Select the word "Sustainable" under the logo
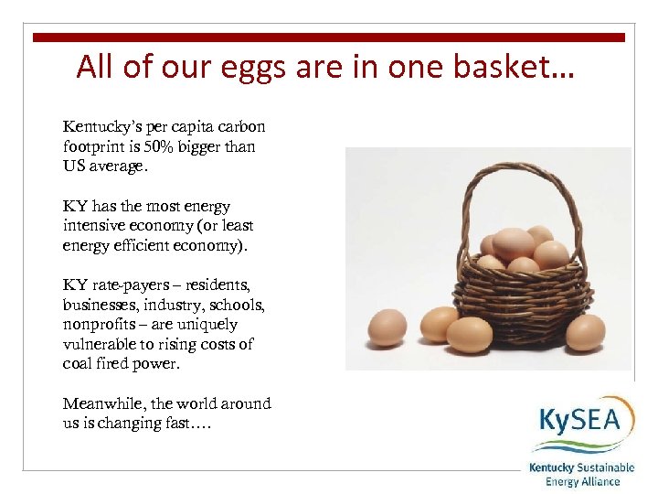click(x=600, y=467)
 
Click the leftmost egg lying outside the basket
click(x=387, y=327)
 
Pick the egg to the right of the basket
click(x=585, y=332)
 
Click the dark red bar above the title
click(x=329, y=38)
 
